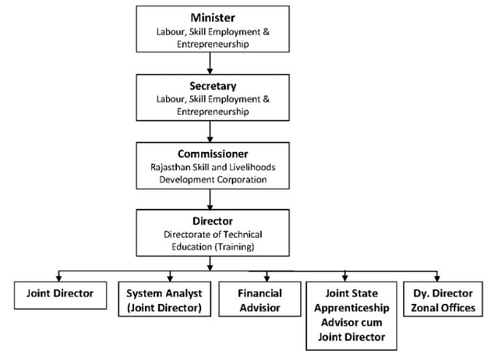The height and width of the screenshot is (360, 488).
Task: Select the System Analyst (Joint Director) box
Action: (164, 300)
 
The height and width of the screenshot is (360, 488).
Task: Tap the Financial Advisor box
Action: (260, 300)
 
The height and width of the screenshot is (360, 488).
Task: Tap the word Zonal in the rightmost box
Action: (422, 307)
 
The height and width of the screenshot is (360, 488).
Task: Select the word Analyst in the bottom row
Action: (182, 294)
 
